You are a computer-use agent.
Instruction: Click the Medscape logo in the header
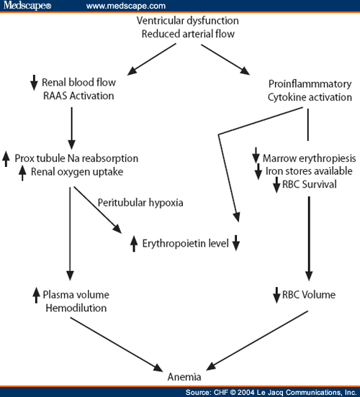click(27, 5)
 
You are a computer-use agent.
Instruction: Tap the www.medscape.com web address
click(126, 6)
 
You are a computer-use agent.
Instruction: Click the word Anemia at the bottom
click(184, 377)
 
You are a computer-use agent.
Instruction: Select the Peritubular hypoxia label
click(140, 203)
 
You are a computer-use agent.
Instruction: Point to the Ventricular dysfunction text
click(188, 21)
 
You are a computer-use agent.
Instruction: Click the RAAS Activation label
click(78, 96)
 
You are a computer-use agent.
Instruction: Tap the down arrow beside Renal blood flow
click(34, 83)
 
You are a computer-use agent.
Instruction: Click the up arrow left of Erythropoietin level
click(134, 244)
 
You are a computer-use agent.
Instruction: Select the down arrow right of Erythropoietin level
click(236, 243)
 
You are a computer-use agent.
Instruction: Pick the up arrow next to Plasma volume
click(36, 295)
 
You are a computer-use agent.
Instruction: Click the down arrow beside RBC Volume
click(276, 295)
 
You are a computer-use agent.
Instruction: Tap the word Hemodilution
click(76, 308)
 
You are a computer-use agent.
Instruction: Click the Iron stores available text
click(309, 171)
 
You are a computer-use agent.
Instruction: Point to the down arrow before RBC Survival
click(276, 185)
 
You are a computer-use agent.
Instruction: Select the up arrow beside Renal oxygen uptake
click(22, 173)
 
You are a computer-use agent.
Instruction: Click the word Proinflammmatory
click(310, 84)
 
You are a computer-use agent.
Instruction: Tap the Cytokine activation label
click(310, 97)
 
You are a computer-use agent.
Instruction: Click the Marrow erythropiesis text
click(310, 158)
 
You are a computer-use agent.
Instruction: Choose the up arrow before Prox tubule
click(6, 159)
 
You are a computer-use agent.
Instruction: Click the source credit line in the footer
click(271, 392)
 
